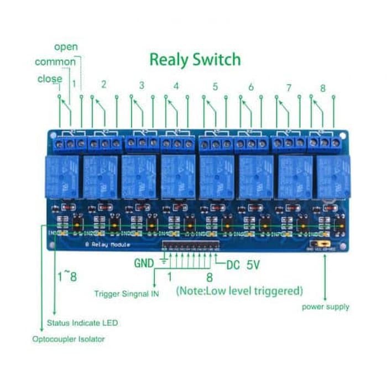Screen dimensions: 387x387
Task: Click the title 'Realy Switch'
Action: point(195,59)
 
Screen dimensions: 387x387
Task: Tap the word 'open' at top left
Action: point(66,47)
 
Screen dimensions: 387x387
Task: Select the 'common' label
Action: point(55,62)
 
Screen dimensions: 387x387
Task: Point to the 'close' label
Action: point(50,79)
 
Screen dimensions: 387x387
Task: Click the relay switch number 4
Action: point(176,86)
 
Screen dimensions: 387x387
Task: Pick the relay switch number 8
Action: point(323,88)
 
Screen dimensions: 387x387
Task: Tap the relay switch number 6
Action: point(250,87)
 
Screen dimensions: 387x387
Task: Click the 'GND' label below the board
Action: point(144,264)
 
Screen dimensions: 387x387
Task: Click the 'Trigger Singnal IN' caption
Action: point(127,294)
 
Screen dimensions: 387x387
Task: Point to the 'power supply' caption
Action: point(326,306)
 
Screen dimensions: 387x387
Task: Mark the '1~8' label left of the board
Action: point(67,275)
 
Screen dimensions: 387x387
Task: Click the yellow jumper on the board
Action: point(320,243)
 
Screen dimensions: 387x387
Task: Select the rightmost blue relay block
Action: point(333,176)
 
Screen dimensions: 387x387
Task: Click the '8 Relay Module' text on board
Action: point(108,244)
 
